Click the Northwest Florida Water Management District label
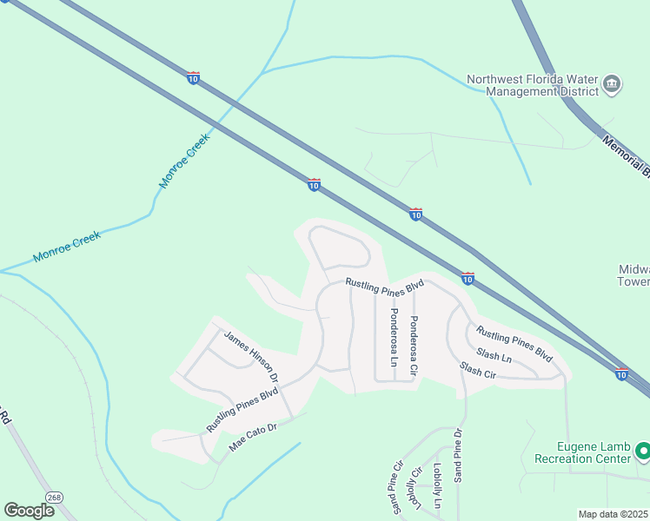[x=532, y=85]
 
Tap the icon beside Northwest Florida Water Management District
[x=612, y=84]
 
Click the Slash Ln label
[x=494, y=356]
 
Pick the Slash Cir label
[x=477, y=371]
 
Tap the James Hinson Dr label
[x=250, y=356]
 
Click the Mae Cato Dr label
[x=252, y=436]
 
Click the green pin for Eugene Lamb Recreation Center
[x=643, y=452]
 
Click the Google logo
[x=30, y=511]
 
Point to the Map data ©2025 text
[x=614, y=514]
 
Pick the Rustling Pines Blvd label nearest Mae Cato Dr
[x=242, y=410]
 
